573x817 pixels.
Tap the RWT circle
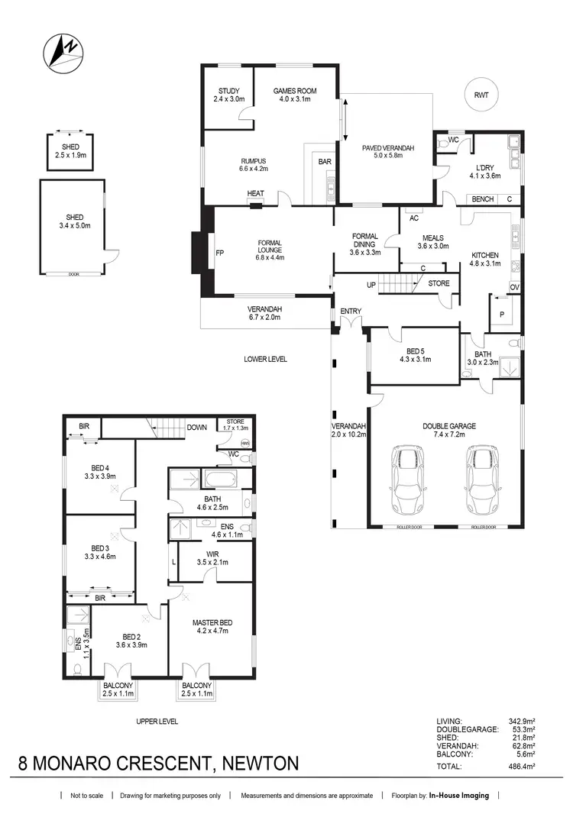481,95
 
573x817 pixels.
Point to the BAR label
324,162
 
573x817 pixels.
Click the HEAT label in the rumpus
256,194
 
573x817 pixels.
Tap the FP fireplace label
220,253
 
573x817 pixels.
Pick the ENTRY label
351,310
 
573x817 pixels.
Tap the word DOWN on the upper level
196,428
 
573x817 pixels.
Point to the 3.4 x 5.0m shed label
75,221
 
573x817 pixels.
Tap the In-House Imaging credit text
458,796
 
